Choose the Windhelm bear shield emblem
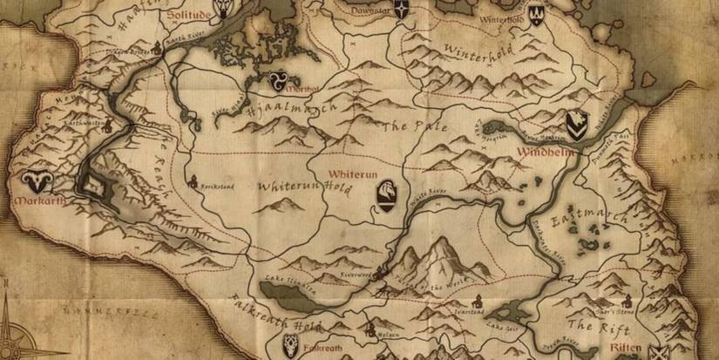click(575, 125)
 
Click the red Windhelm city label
click(545, 153)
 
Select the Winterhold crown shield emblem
click(536, 13)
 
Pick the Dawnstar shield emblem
click(400, 10)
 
